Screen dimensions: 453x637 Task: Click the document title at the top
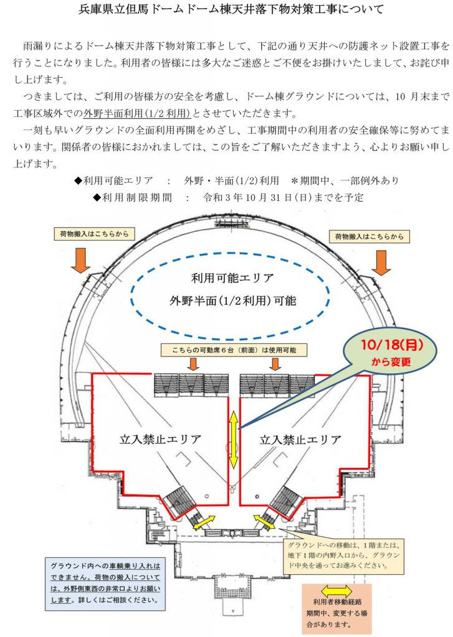231,9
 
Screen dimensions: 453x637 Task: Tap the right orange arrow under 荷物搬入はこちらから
381,263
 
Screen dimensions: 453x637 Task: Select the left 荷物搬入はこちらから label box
94,234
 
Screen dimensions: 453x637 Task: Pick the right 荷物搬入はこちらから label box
369,236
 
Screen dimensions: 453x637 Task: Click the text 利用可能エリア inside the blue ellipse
232,278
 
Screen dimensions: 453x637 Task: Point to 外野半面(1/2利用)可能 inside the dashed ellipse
232,300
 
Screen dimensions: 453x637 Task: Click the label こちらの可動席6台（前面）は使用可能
234,350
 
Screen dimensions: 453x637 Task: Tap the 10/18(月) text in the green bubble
391,345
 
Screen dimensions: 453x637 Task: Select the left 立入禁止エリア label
160,439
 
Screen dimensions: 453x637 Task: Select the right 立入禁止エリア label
300,439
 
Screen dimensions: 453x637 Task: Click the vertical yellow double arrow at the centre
233,439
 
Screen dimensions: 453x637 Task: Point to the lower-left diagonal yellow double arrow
204,522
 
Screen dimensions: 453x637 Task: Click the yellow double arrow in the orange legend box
336,591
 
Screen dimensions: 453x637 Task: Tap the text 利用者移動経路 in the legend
337,602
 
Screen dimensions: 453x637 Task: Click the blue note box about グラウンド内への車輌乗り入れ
105,583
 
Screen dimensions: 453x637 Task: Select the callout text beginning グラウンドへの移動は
344,554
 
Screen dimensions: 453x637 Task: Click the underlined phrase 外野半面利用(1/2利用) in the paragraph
137,113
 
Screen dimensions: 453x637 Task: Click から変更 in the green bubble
391,361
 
